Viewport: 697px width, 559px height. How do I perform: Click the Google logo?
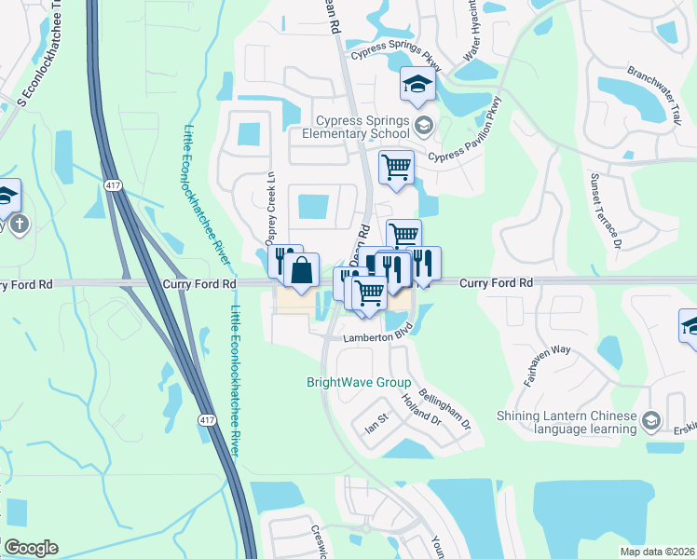tap(31, 548)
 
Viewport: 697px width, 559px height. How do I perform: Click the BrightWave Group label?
tap(359, 382)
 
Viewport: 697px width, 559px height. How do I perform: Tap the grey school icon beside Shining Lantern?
tap(651, 422)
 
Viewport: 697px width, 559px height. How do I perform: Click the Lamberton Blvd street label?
tap(376, 337)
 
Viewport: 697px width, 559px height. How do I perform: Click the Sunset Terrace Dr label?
tap(603, 212)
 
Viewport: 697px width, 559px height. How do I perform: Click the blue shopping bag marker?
tap(301, 272)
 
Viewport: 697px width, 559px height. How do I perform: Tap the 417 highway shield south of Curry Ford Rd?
tap(204, 421)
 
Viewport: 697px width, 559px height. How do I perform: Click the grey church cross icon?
tap(20, 224)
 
